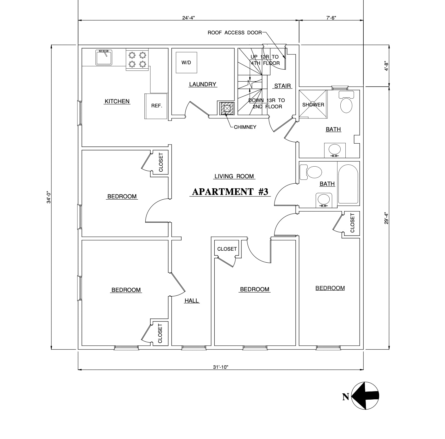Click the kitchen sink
104,57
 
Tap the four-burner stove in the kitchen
137,60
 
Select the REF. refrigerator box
156,106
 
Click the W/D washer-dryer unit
186,63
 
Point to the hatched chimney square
226,108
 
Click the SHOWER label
313,105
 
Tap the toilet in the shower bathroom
346,102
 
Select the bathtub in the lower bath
348,184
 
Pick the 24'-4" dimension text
188,18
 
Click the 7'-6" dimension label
331,18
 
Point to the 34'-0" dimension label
49,197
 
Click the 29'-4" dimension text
386,218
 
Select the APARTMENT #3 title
230,192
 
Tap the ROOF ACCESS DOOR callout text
234,33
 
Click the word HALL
192,300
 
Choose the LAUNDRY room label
203,84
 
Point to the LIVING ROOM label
234,176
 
